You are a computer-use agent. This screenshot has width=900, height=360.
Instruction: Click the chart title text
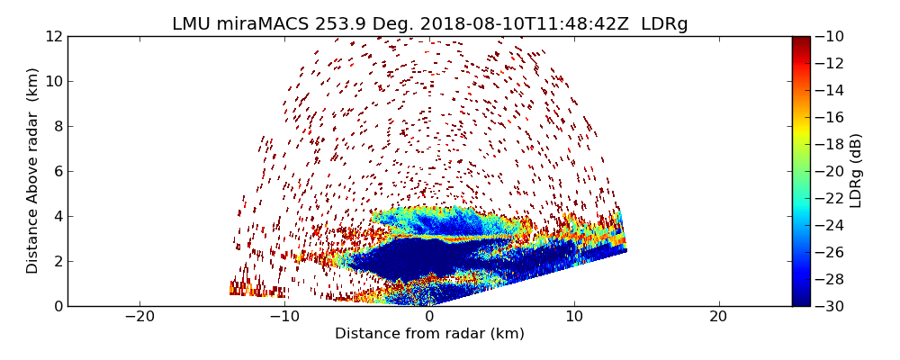(430, 24)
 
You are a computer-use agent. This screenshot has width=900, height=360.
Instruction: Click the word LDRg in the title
(664, 24)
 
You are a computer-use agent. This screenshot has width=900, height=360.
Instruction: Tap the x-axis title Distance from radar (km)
(429, 334)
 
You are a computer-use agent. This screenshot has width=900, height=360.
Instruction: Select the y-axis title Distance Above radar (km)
(33, 171)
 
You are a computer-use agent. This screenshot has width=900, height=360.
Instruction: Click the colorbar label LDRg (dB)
(856, 171)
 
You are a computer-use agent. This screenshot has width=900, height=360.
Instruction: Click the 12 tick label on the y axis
(53, 36)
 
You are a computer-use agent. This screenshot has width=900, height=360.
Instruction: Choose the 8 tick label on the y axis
(57, 126)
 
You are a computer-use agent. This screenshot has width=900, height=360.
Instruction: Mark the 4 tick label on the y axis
(57, 216)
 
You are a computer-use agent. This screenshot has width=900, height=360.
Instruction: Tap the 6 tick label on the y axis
(57, 171)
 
